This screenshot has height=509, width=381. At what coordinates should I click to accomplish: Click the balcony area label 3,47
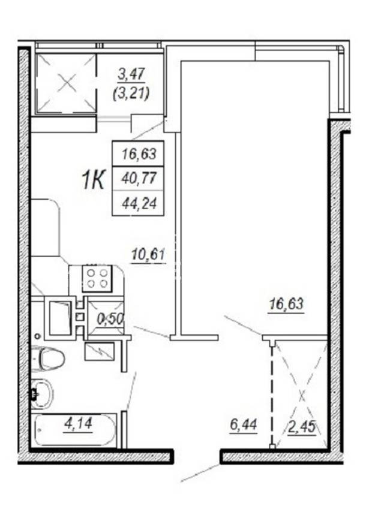click(131, 74)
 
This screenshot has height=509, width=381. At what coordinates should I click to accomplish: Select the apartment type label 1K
click(92, 180)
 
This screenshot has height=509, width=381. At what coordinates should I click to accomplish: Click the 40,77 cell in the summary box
click(139, 178)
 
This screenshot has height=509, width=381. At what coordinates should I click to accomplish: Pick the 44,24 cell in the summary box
click(139, 203)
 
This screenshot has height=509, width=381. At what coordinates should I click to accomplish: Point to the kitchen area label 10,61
click(148, 254)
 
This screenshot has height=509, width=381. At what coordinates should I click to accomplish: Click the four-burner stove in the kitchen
click(97, 278)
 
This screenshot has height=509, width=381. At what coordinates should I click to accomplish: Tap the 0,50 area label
click(110, 320)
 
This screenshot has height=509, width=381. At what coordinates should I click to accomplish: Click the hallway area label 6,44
click(244, 424)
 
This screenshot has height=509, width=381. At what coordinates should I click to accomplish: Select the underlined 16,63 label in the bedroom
click(286, 304)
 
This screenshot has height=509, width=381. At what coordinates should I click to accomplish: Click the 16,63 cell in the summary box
click(139, 153)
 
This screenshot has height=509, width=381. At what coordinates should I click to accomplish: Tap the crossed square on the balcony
click(67, 83)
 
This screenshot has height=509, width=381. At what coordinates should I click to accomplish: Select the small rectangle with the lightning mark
click(100, 351)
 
